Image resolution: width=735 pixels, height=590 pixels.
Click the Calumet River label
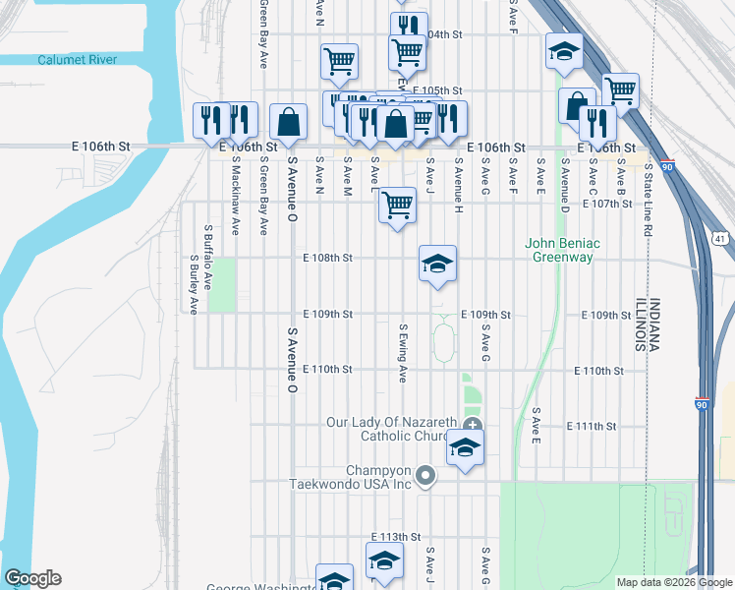tap(77, 60)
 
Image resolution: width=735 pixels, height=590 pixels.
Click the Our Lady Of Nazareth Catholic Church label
tap(391, 430)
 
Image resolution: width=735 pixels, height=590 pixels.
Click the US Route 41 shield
tap(721, 238)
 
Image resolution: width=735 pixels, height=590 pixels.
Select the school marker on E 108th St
tap(438, 264)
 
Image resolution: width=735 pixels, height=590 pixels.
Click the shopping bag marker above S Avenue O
tap(289, 124)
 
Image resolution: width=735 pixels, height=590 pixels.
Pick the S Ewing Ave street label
tap(403, 353)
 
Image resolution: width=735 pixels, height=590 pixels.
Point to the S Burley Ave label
tap(194, 284)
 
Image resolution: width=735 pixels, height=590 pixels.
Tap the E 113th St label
tap(395, 538)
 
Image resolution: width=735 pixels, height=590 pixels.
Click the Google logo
tap(31, 578)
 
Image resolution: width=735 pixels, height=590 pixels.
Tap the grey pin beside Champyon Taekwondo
tap(424, 476)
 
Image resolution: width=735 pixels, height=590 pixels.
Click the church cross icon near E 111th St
tap(473, 425)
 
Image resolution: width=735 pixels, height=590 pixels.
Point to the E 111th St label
tap(592, 426)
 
